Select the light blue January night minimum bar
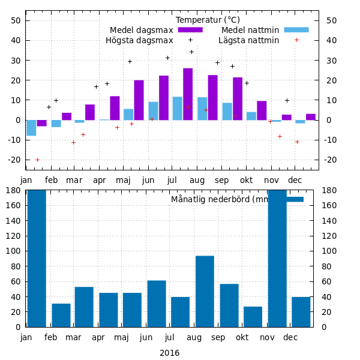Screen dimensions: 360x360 [x=31, y=128]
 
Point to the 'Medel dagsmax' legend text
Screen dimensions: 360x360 [x=142, y=30]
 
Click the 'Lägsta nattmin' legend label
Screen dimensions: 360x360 [x=248, y=40]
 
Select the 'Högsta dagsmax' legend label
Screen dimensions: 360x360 [x=139, y=40]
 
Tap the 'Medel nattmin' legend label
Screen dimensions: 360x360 [x=250, y=30]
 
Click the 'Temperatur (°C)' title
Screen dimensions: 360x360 [x=208, y=20]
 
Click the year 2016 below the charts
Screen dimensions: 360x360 [x=169, y=353]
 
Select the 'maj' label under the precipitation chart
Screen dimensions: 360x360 [x=122, y=337]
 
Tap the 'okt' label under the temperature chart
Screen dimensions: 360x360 [x=247, y=179]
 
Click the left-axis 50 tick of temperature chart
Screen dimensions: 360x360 [x=16, y=20]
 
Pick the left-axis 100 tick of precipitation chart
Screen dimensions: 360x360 [x=14, y=251]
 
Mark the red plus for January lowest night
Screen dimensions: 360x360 [x=37, y=160]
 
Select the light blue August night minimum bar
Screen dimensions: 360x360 [x=202, y=109]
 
